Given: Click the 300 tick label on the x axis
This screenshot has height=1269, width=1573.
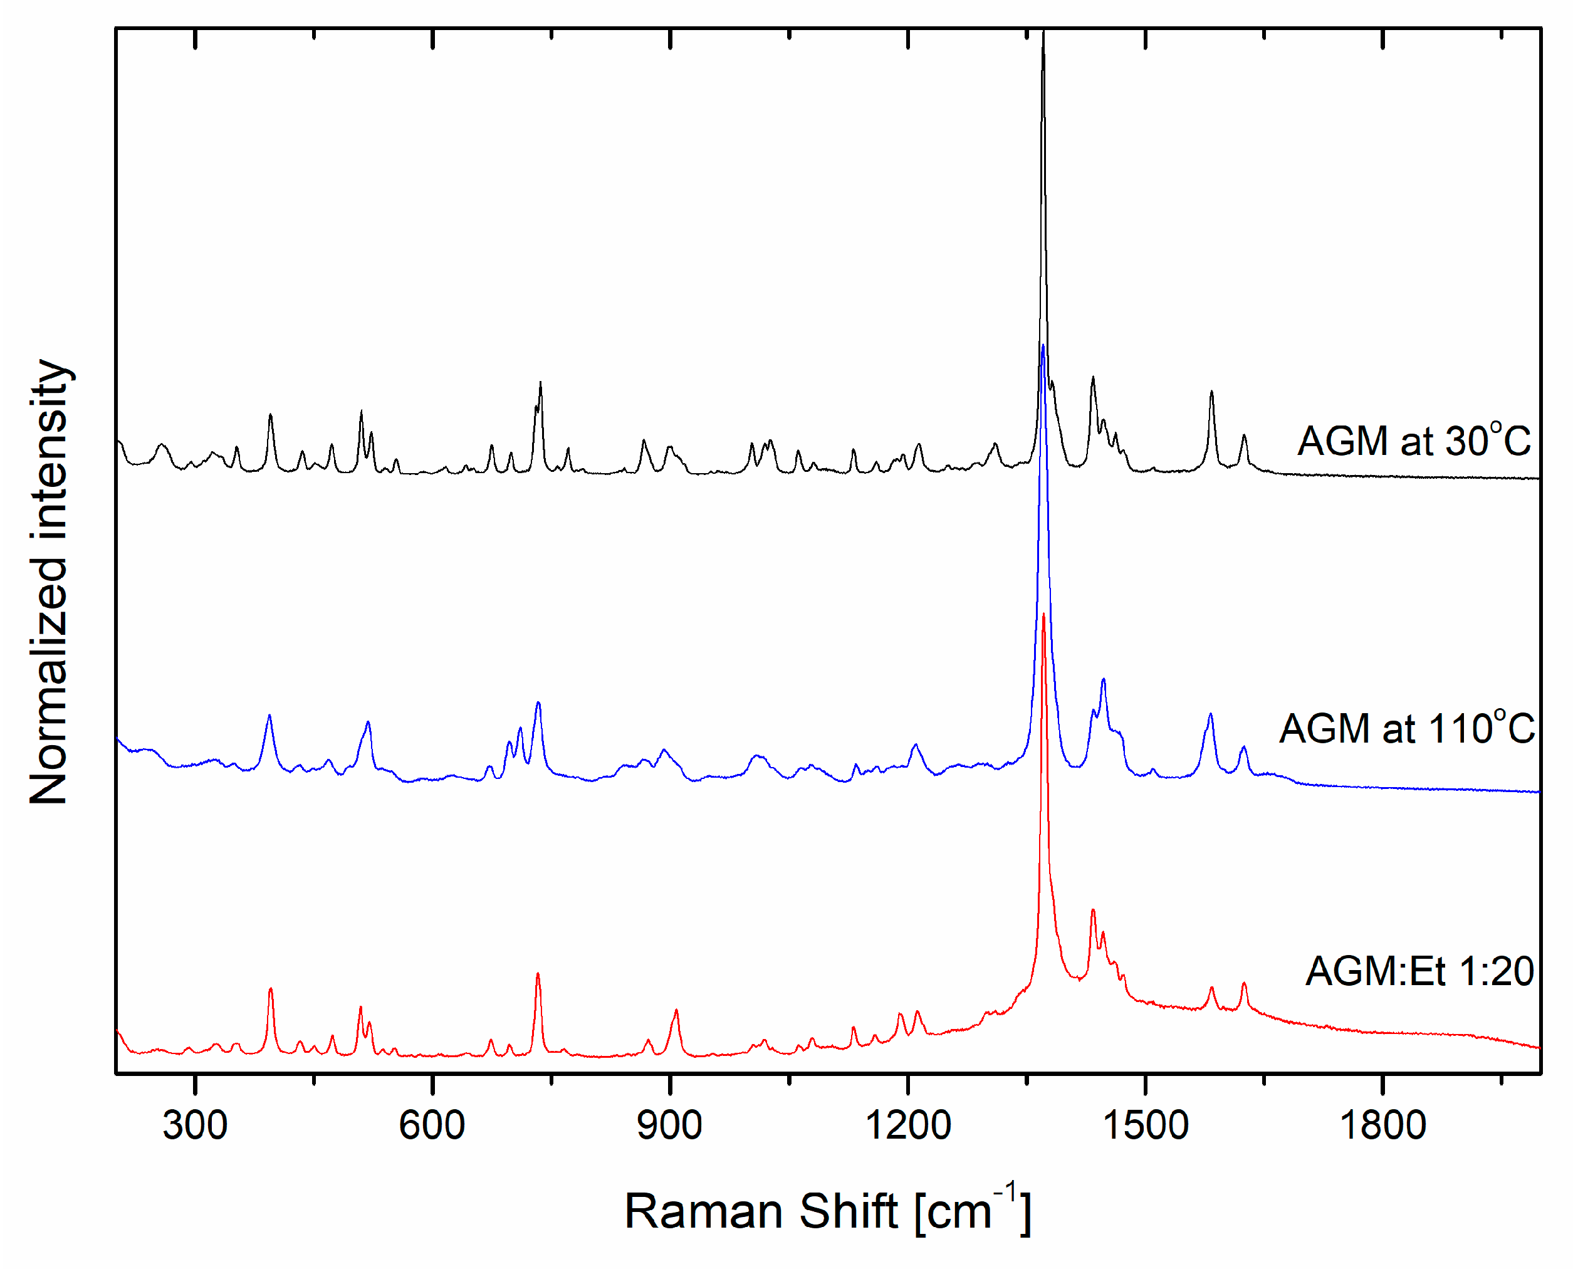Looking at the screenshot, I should tap(194, 1125).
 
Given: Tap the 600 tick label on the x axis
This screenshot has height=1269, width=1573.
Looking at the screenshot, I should tap(432, 1125).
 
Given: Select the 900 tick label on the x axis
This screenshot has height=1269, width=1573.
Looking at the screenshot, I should tap(669, 1125).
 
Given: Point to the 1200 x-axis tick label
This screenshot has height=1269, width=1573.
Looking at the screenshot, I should tap(908, 1125).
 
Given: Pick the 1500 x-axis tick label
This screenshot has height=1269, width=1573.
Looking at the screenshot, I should tap(1146, 1125).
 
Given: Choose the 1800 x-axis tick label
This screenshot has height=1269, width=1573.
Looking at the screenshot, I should tap(1383, 1125).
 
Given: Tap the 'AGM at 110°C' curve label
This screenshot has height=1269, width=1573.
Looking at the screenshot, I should tap(1407, 728).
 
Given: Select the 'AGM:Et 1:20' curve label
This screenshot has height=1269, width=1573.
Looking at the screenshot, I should tap(1419, 971).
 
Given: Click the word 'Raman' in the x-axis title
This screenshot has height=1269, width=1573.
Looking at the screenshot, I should tap(706, 1212).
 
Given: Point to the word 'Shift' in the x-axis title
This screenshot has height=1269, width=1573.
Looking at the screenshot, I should tap(848, 1212).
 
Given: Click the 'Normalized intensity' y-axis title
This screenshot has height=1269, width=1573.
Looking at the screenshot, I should tap(49, 582).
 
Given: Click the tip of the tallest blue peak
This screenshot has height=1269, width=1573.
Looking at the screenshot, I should tap(1042, 345).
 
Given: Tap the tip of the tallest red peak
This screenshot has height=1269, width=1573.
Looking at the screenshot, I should tap(1044, 615).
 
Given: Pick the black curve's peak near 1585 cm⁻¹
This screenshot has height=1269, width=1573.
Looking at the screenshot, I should tap(1211, 392).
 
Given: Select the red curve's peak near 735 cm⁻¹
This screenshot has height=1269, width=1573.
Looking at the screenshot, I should tap(537, 974).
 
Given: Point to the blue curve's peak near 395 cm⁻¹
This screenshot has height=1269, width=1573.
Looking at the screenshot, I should tap(269, 715).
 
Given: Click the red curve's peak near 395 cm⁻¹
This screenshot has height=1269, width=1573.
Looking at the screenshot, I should tap(271, 989).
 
